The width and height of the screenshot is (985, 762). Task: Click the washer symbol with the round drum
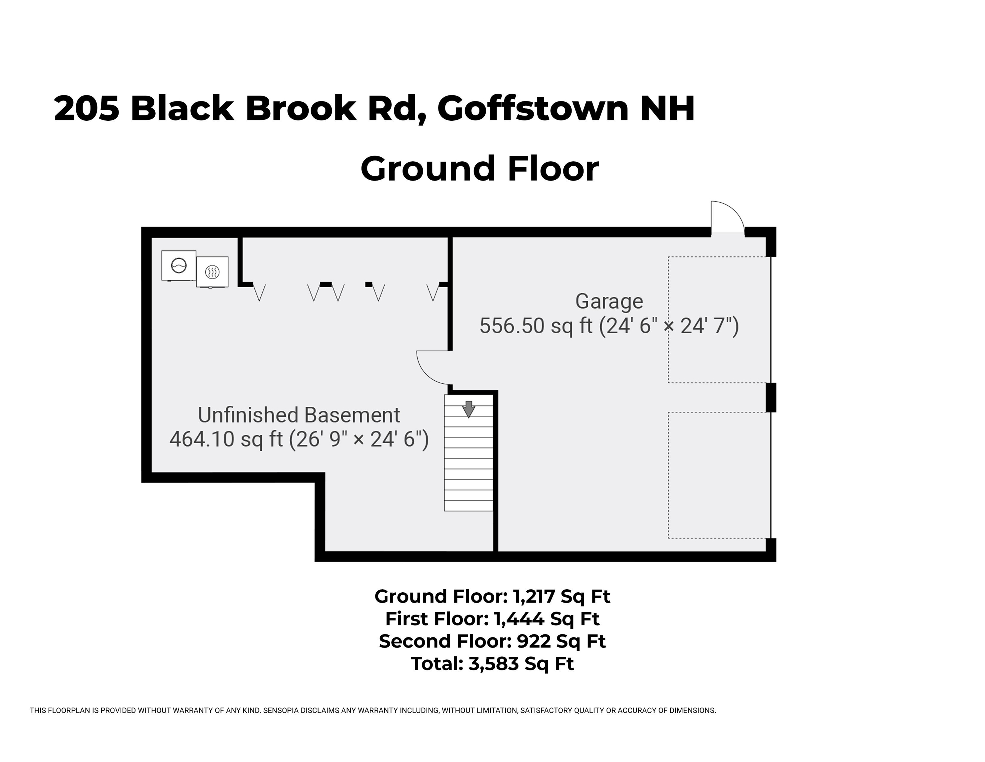click(x=179, y=266)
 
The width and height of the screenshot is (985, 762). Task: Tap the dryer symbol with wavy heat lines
click(x=212, y=272)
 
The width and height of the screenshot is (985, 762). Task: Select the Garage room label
click(x=609, y=301)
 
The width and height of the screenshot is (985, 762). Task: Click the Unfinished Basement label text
click(x=299, y=415)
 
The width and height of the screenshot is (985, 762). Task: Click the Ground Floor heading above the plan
click(x=479, y=168)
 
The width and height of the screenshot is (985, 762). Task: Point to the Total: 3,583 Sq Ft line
click(x=492, y=663)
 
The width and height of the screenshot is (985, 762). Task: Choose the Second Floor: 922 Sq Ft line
click(x=492, y=641)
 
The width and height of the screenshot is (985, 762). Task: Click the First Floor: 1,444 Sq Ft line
click(x=492, y=618)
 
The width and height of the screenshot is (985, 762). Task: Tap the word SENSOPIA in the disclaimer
click(x=283, y=710)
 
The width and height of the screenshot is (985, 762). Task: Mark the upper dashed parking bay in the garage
click(x=719, y=319)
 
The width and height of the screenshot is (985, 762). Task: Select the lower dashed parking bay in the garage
click(x=719, y=475)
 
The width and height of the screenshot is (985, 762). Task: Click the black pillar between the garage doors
click(x=771, y=397)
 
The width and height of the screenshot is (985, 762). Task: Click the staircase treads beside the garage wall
click(x=468, y=465)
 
